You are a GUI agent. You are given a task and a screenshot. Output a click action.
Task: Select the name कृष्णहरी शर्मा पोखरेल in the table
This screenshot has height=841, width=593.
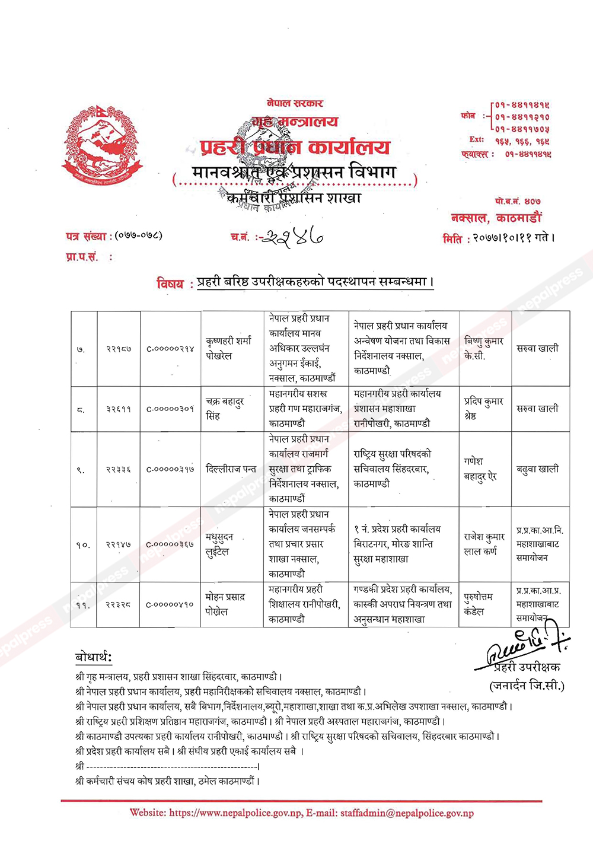click(x=228, y=348)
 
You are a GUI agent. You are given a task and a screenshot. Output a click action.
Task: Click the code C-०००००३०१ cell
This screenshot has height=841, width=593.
click(x=170, y=409)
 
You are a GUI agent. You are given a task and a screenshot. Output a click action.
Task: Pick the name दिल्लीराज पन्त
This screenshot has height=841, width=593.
click(x=231, y=469)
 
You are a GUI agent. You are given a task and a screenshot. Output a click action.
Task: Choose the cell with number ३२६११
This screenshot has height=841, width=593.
click(x=119, y=409)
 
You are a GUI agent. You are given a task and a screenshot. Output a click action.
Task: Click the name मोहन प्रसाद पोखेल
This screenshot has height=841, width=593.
click(x=225, y=604)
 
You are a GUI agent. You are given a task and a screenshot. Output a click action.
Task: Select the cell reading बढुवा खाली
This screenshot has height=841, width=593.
click(x=537, y=469)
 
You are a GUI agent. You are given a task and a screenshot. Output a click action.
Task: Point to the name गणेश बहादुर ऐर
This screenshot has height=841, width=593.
click(x=480, y=469)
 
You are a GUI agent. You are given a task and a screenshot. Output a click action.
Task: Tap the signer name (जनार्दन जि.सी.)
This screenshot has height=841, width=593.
click(x=527, y=686)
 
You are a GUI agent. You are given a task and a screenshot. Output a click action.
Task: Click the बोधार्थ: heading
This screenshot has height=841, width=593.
click(x=94, y=657)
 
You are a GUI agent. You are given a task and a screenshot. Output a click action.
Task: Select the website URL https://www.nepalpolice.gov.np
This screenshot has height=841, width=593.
click(x=235, y=813)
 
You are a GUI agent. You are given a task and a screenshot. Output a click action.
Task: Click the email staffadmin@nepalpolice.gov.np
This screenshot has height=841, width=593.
click(x=407, y=813)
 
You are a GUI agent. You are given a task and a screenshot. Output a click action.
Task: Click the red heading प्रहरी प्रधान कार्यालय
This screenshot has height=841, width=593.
click(x=295, y=147)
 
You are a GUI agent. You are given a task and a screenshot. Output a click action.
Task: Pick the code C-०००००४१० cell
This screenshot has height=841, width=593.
click(x=170, y=604)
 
